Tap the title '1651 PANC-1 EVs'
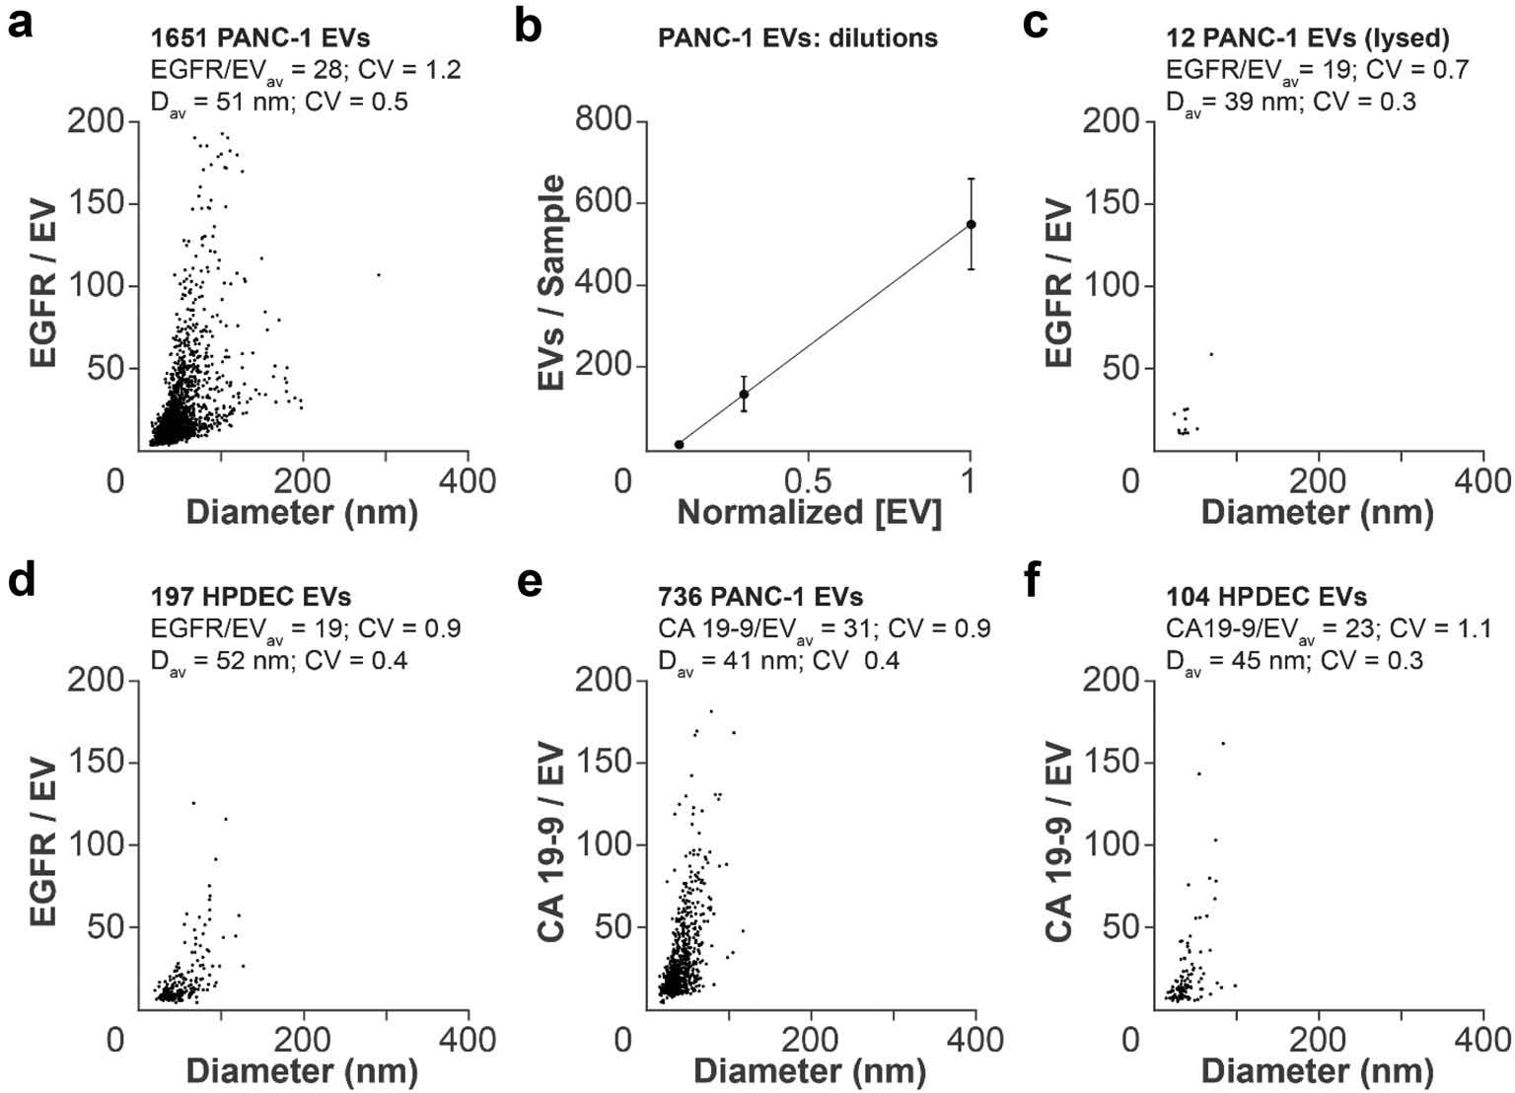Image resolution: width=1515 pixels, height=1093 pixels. pos(260,38)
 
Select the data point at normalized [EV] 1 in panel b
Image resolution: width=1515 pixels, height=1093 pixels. pos(971,224)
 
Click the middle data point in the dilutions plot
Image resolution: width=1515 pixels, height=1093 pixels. pos(744,394)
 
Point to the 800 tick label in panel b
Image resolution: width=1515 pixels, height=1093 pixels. pos(603,120)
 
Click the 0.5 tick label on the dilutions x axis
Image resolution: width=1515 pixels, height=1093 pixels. pos(808,481)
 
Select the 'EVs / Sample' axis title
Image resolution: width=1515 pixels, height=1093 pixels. pos(554,283)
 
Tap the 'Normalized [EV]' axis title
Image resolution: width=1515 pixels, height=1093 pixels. pos(809,513)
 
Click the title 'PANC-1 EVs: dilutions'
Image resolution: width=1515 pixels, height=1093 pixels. pos(798,38)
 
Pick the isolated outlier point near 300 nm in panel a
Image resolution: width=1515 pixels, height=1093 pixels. pos(379,274)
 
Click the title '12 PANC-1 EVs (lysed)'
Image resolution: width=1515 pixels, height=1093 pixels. pos(1307,38)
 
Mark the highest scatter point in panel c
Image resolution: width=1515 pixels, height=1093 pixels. pos(1211,353)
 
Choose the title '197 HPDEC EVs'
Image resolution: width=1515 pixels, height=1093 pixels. pos(251,597)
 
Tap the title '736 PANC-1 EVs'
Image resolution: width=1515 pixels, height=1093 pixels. pos(760,597)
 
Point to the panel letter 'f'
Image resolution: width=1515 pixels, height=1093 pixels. pos(1034,582)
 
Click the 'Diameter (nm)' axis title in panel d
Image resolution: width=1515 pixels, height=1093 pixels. pos(301,1071)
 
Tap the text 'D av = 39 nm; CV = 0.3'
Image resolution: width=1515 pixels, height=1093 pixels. pos(1291,101)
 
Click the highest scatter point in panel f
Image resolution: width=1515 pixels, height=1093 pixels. pos(1223,743)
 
